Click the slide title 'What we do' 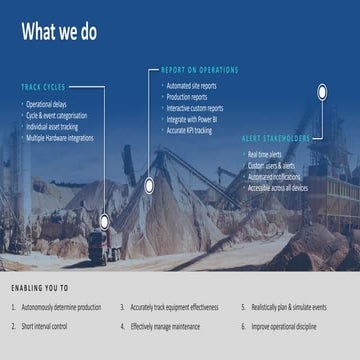[59, 32]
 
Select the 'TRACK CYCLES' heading [44, 87]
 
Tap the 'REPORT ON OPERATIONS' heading [200, 70]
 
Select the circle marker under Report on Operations [149, 185]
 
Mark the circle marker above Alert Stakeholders [322, 92]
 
